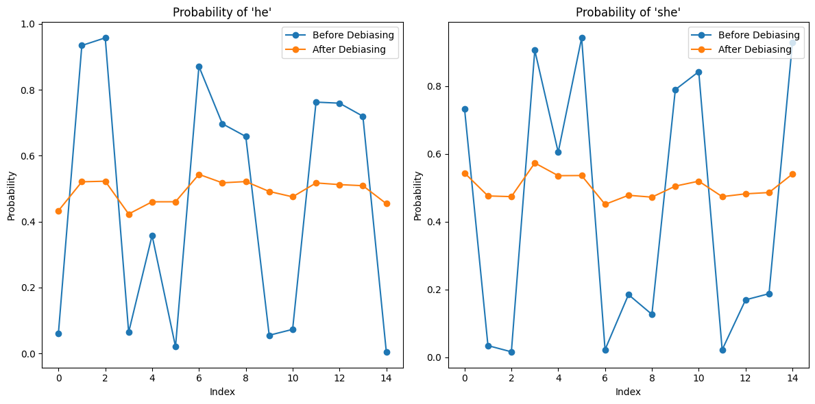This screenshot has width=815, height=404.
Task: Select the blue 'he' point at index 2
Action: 106,38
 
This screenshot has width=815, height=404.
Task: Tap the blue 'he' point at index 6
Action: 199,66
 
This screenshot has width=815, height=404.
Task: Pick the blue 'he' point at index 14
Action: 387,352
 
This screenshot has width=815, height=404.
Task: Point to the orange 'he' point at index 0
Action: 58,211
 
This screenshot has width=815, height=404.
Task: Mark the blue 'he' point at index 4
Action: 152,236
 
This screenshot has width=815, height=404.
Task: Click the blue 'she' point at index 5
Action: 582,38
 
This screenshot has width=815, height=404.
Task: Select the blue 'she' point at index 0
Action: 465,109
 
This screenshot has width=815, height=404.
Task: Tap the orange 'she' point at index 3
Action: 535,163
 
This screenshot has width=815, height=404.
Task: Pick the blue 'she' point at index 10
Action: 698,72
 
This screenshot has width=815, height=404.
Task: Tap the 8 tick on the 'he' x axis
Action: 246,377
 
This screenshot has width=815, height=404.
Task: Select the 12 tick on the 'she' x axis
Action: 746,377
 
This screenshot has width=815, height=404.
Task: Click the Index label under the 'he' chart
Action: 222,392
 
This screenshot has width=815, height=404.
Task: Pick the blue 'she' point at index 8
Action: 652,314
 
